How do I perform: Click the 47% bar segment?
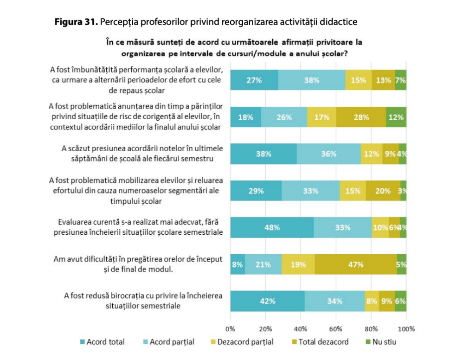point(355,265)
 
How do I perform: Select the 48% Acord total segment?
point(272,227)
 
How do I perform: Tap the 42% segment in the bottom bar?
point(267,301)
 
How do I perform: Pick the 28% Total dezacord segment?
point(361,117)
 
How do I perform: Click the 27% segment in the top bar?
point(254,80)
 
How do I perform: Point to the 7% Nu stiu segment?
point(401,80)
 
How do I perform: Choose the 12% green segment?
point(396,117)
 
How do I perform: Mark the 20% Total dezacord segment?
point(383,191)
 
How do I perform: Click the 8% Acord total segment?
point(237,265)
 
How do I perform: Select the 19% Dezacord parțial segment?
point(298,265)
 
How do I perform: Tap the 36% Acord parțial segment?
point(328,154)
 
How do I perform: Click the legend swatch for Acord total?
point(83,342)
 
